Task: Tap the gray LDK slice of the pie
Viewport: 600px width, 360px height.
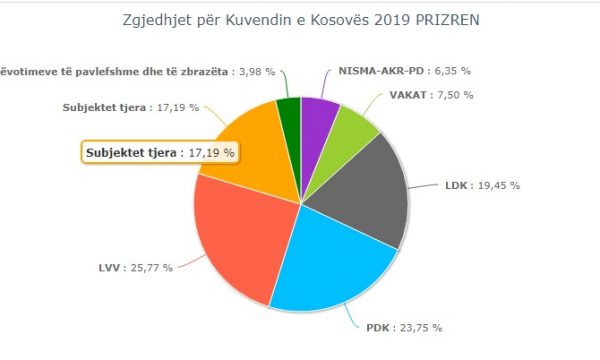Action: pos(370,190)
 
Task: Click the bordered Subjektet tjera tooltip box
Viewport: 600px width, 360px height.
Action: pos(160,153)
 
